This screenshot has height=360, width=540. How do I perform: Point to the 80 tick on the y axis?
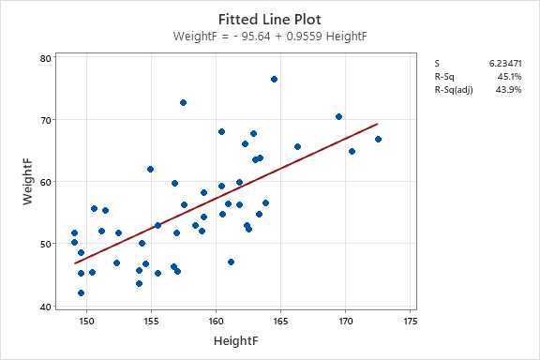(x=45, y=58)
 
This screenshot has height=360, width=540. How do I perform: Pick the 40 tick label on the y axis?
(x=45, y=306)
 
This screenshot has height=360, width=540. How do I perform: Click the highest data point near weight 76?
(x=274, y=80)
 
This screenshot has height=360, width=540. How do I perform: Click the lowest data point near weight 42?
(x=81, y=292)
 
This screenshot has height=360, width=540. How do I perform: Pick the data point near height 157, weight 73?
(x=183, y=102)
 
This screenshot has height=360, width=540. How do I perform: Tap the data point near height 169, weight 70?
(x=338, y=117)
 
